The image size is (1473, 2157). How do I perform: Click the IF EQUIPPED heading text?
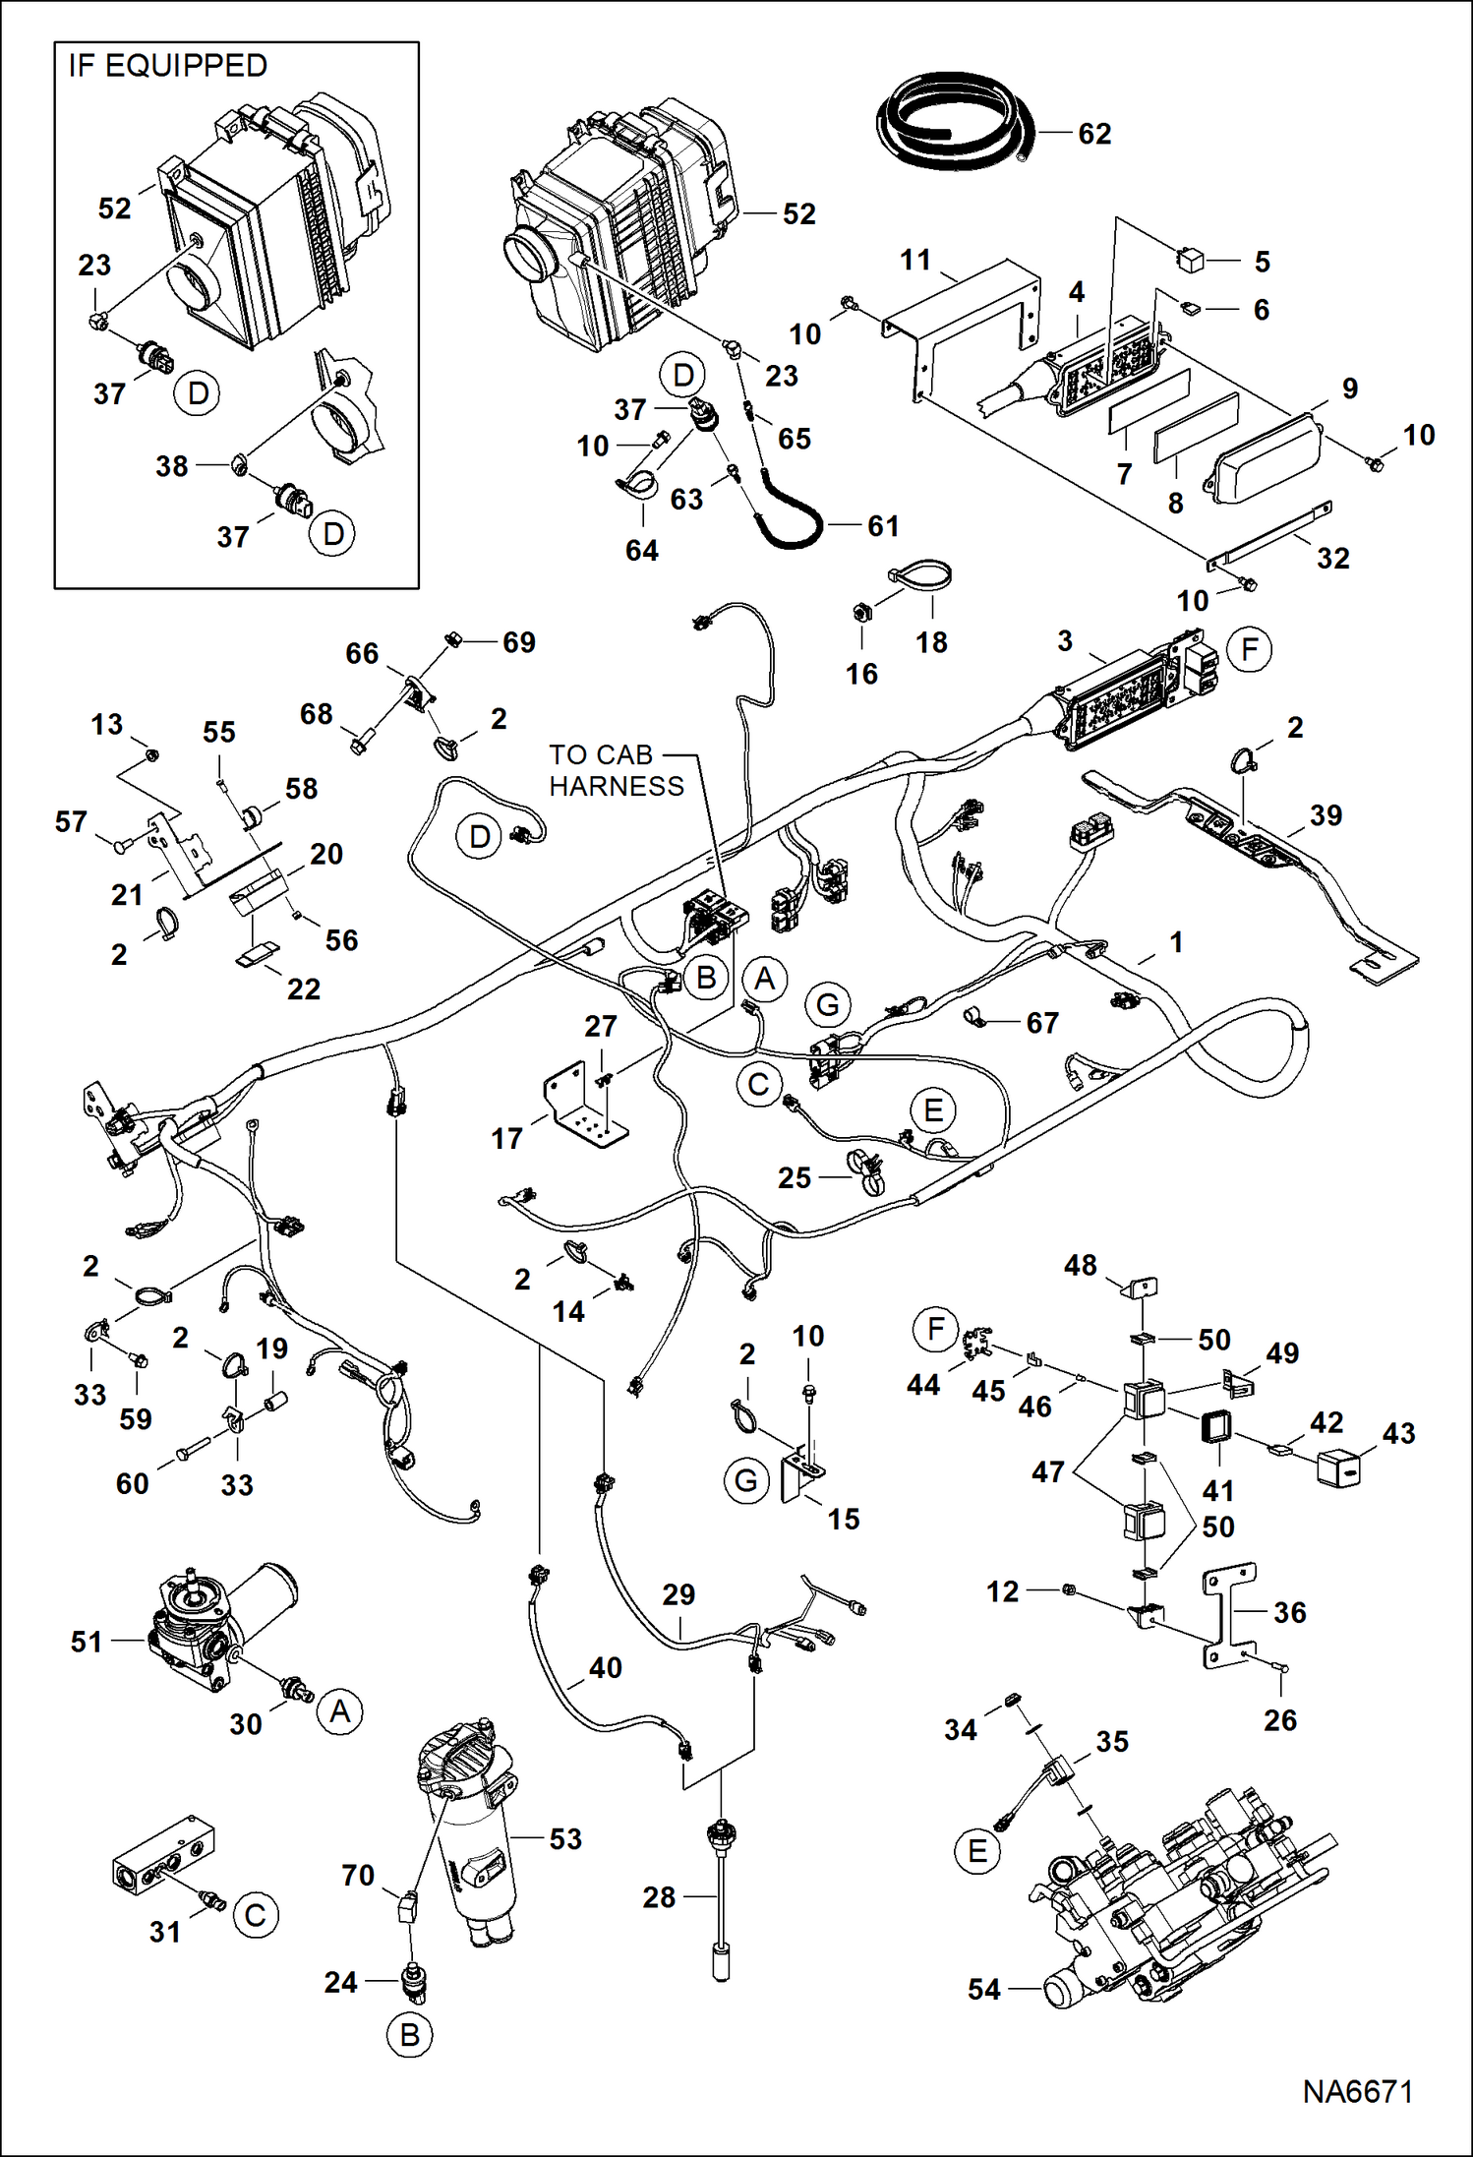(x=167, y=66)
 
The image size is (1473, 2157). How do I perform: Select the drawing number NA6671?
(x=1357, y=2092)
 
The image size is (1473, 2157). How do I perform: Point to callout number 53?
(x=565, y=1838)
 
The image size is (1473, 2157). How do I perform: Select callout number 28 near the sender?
(x=659, y=1896)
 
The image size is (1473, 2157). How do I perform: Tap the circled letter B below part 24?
(x=410, y=2035)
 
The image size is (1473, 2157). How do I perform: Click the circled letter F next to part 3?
(x=1249, y=649)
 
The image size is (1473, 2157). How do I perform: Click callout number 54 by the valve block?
(x=983, y=1989)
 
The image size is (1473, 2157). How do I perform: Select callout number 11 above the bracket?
(x=915, y=260)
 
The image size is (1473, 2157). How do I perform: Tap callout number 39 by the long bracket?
(x=1326, y=814)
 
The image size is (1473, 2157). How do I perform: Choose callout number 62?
(x=1094, y=133)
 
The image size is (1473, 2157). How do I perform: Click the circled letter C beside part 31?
(x=256, y=1915)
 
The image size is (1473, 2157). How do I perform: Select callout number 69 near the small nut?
(x=518, y=641)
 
